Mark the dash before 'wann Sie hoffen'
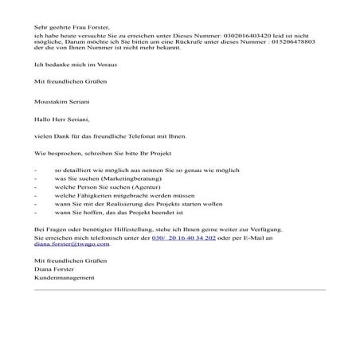pos(35,224)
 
